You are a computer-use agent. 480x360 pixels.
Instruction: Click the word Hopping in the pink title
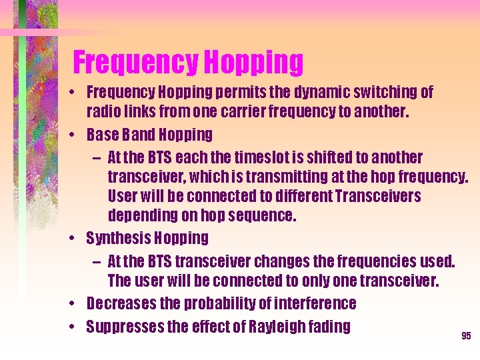pyautogui.click(x=253, y=63)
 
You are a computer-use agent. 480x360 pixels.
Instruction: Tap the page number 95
pyautogui.click(x=466, y=335)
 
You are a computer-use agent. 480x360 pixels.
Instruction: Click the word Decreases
pyautogui.click(x=123, y=304)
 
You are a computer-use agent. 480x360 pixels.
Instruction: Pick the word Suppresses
pyautogui.click(x=125, y=327)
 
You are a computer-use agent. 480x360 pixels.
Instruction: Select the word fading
pyautogui.click(x=328, y=327)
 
